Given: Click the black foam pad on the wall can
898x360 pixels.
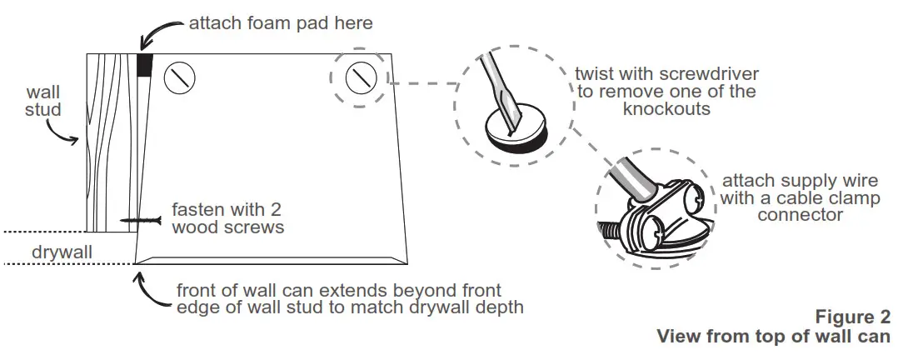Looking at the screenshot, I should click(x=145, y=65).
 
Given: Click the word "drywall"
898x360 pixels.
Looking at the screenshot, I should click(x=63, y=250).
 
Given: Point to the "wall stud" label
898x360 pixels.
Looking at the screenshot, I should click(x=43, y=100).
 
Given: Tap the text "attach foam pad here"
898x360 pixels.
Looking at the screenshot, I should click(x=280, y=23).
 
